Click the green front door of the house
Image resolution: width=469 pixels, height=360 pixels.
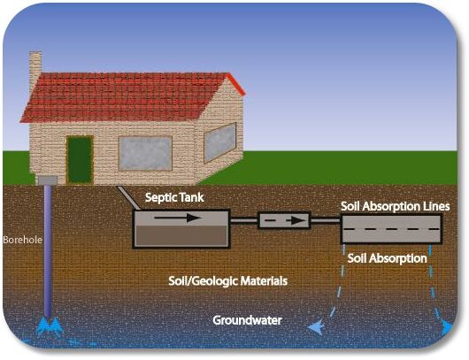pos(80,160)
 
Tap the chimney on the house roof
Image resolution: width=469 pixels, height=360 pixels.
pos(35,70)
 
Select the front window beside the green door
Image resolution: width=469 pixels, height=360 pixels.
pos(145,153)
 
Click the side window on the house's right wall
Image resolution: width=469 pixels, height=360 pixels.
pos(220,142)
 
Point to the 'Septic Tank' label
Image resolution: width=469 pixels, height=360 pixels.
pos(174,197)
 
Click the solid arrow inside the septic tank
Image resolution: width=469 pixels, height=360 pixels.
pos(177,218)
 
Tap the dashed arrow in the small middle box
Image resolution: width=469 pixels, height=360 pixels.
pos(284,220)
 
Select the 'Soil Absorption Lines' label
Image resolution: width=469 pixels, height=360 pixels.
pos(396,206)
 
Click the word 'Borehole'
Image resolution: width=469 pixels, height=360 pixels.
pos(22,240)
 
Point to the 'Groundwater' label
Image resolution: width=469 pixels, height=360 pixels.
pos(248,320)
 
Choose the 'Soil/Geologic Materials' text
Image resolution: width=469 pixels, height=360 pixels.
pos(228,280)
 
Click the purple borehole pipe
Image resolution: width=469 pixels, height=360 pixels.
pos(48,251)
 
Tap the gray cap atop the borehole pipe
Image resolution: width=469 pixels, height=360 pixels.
pos(48,180)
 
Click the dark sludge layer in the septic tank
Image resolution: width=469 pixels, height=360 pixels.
pos(181,235)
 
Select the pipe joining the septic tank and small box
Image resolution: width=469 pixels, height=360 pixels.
pos(243,221)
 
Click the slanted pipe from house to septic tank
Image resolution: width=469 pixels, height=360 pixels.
pos(128,197)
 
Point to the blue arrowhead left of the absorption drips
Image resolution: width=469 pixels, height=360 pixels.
pos(316,327)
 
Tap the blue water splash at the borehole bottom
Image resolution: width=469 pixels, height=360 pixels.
pos(50,326)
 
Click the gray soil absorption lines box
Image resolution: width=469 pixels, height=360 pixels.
pos(391,229)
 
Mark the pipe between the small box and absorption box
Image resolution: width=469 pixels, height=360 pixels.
pos(326,221)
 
